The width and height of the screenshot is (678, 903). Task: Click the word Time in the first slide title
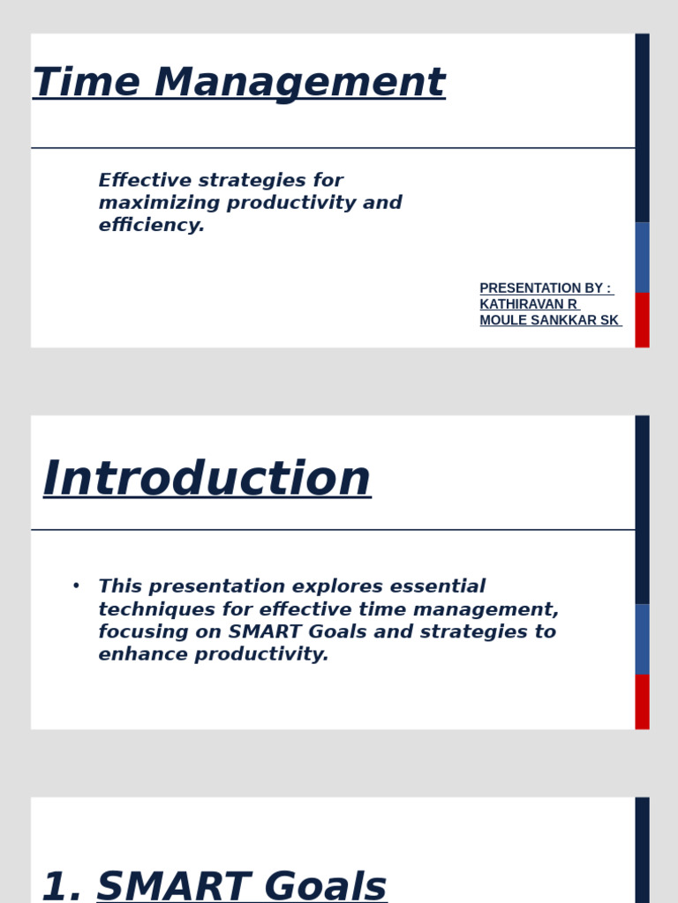coord(86,83)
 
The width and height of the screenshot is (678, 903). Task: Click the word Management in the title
coord(299,83)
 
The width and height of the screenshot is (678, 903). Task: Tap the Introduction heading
coord(207,479)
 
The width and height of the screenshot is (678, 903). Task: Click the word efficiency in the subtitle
coord(151,225)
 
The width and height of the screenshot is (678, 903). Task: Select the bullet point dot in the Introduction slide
coord(76,586)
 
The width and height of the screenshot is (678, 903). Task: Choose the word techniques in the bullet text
coord(148,609)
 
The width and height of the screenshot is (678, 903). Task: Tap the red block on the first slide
coord(642,320)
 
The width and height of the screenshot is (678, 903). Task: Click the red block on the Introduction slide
coord(642,702)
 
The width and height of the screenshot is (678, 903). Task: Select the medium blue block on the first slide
coord(642,257)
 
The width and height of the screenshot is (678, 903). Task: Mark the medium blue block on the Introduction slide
coord(642,638)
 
